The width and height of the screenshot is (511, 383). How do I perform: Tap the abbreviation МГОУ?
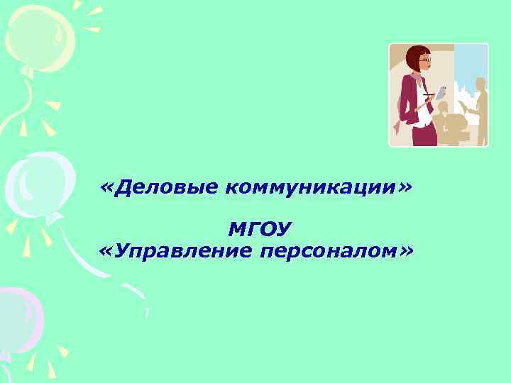coord(260,229)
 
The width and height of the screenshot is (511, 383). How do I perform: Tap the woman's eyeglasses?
coord(424,63)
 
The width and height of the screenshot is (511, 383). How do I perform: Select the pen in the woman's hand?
coord(427,94)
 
